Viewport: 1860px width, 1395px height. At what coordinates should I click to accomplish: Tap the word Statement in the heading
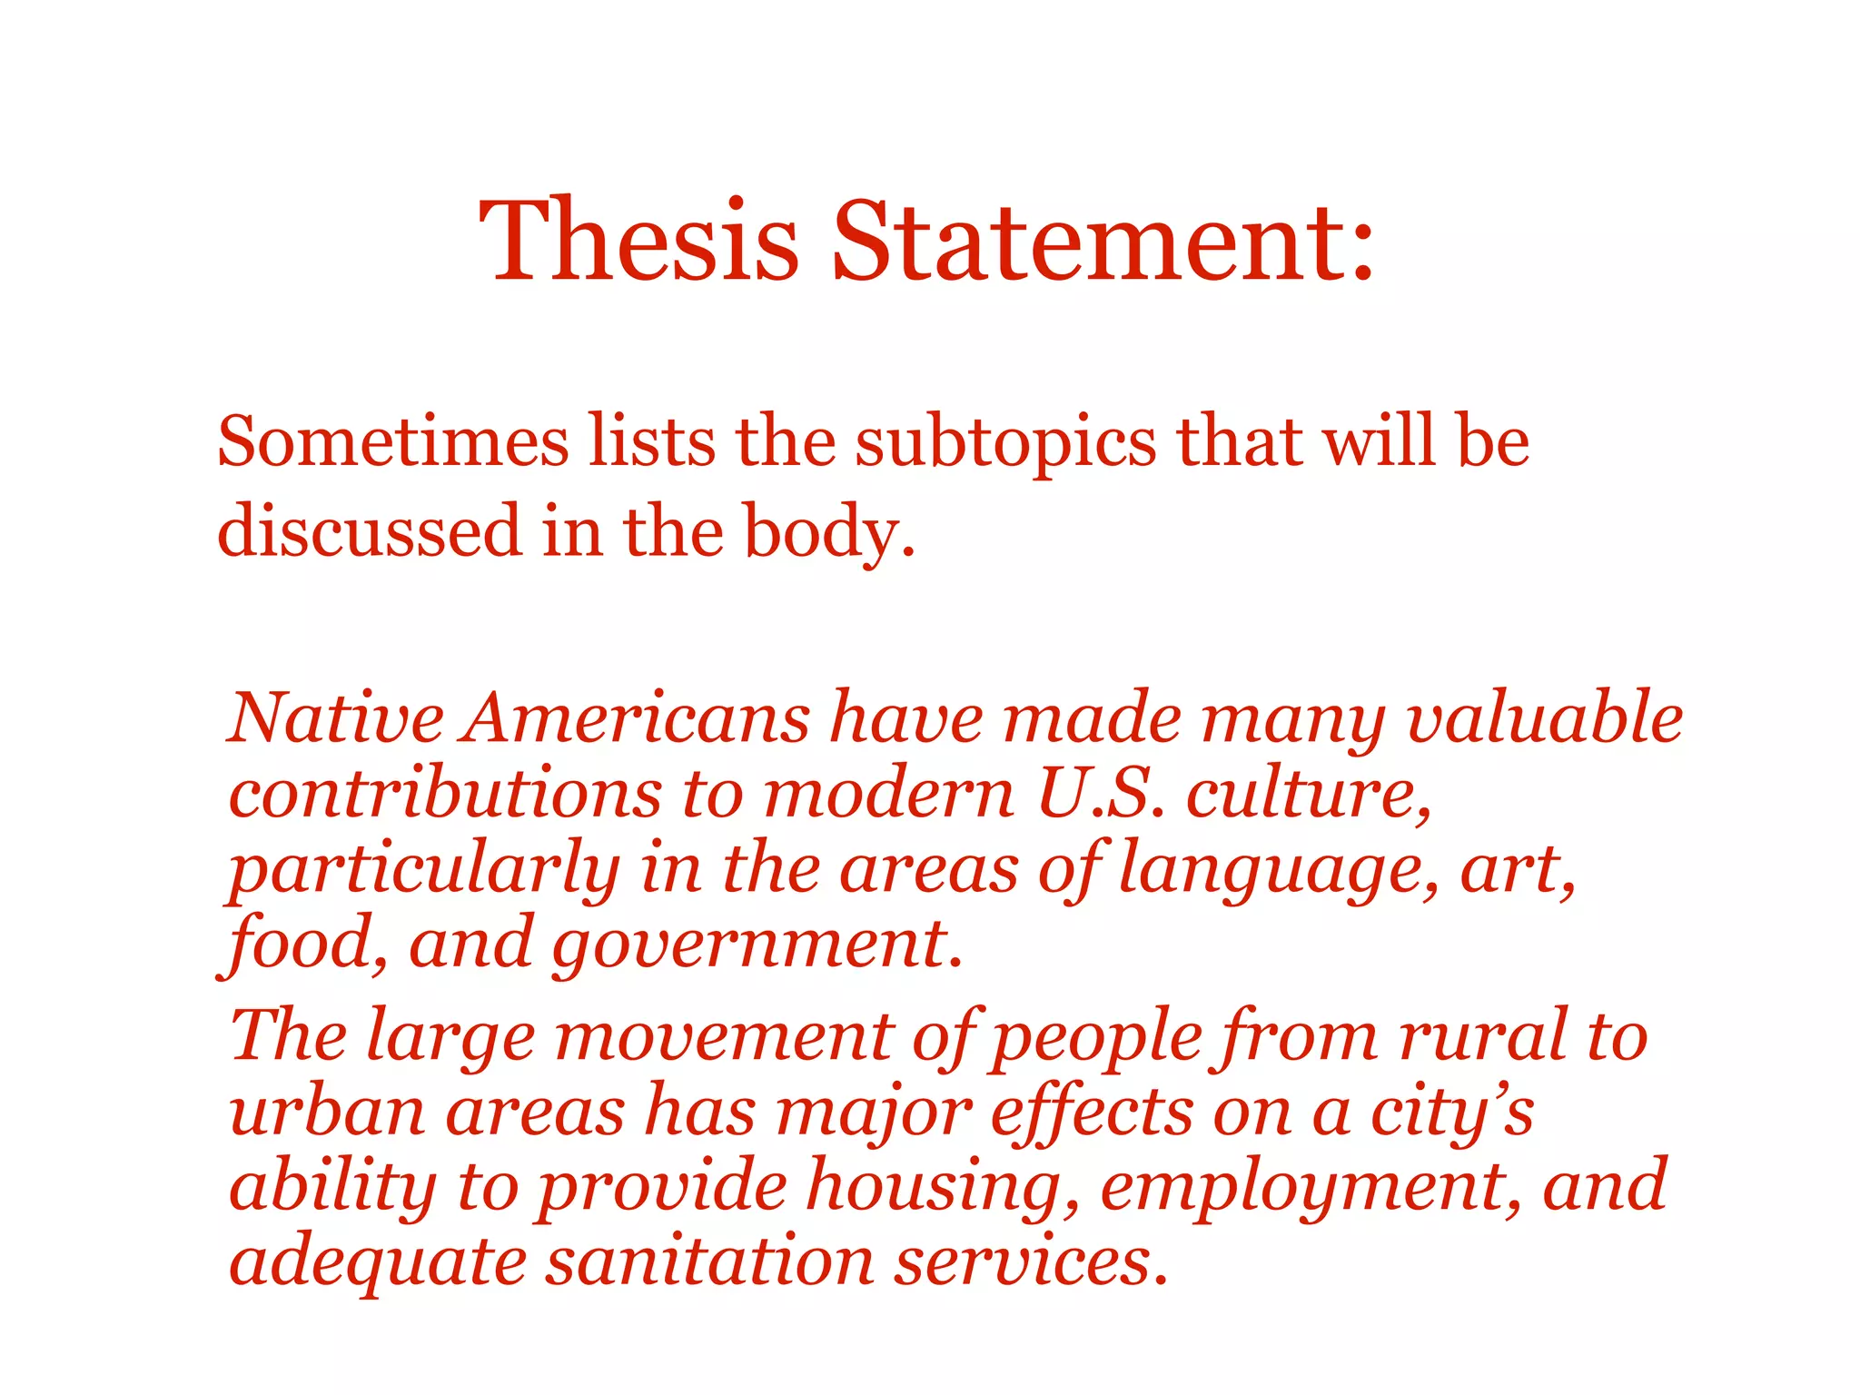1103,241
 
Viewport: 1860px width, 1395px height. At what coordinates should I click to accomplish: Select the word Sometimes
393,442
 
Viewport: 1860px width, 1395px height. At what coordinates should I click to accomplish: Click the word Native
336,717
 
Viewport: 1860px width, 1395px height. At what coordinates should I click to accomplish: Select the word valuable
1544,717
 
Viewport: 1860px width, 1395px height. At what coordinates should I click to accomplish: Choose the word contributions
445,794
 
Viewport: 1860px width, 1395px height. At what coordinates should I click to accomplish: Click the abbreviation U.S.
1100,794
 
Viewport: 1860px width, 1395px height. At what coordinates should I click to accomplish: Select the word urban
327,1112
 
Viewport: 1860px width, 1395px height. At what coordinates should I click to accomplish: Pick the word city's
1452,1113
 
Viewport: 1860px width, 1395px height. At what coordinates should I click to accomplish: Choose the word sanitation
709,1262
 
